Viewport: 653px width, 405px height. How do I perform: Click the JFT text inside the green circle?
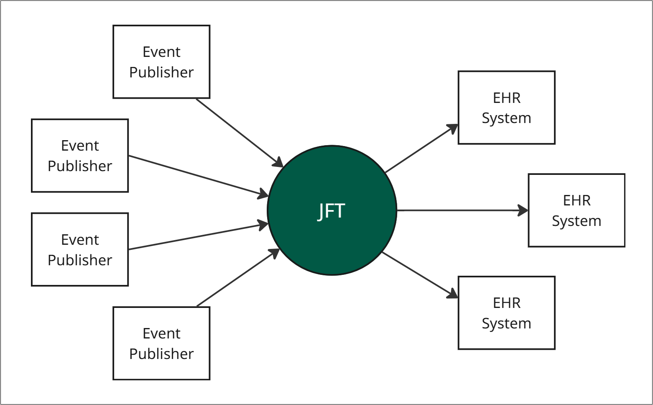[331, 211]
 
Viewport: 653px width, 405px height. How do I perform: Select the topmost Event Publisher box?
[161, 62]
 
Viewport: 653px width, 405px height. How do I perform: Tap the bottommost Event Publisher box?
[161, 343]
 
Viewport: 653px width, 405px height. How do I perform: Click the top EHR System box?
[506, 108]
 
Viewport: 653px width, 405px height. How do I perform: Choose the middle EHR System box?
[576, 210]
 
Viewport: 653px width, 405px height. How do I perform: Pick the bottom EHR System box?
[506, 313]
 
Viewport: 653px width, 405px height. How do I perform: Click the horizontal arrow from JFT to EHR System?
[460, 210]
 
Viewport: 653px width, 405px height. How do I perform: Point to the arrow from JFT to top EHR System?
[420, 149]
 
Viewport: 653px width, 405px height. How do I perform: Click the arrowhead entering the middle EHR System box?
[523, 210]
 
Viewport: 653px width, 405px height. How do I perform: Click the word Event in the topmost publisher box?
[161, 52]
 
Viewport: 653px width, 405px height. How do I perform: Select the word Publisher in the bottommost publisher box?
[161, 354]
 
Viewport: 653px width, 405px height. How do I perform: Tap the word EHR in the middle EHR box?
[576, 200]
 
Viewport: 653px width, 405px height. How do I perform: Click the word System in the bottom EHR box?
[506, 323]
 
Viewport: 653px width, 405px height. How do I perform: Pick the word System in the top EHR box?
[506, 118]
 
